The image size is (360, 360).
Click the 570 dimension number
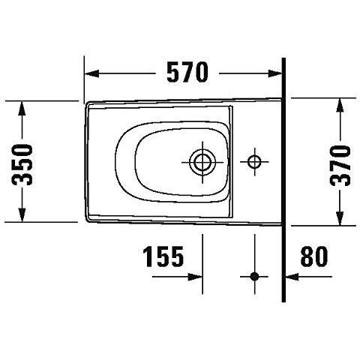(x=187, y=72)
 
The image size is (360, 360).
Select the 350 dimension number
(x=22, y=165)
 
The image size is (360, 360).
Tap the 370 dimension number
(x=340, y=166)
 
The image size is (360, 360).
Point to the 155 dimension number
(x=163, y=256)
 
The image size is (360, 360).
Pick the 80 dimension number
(x=314, y=256)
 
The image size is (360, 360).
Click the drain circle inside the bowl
(x=202, y=162)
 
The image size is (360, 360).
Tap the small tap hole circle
(x=254, y=162)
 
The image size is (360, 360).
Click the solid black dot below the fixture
(x=254, y=277)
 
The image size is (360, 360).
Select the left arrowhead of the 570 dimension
(x=91, y=73)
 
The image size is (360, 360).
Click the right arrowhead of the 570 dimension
(x=275, y=73)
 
